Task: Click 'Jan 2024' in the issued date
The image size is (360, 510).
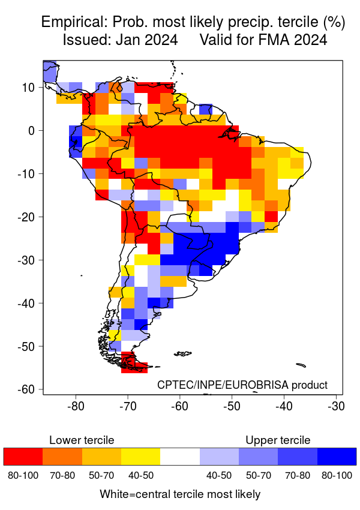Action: (149, 41)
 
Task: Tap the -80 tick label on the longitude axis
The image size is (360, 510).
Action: (76, 406)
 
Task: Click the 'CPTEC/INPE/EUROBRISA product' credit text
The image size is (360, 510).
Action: (242, 385)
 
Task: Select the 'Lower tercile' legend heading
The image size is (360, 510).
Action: (82, 440)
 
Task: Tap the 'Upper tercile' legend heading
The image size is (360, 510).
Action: (278, 440)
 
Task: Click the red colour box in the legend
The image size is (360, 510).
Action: (23, 456)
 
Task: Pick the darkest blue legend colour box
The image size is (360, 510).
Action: (337, 456)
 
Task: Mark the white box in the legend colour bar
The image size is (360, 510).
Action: (180, 456)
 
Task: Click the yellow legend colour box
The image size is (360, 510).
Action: (140, 456)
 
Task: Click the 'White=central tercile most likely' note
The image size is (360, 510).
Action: (180, 494)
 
